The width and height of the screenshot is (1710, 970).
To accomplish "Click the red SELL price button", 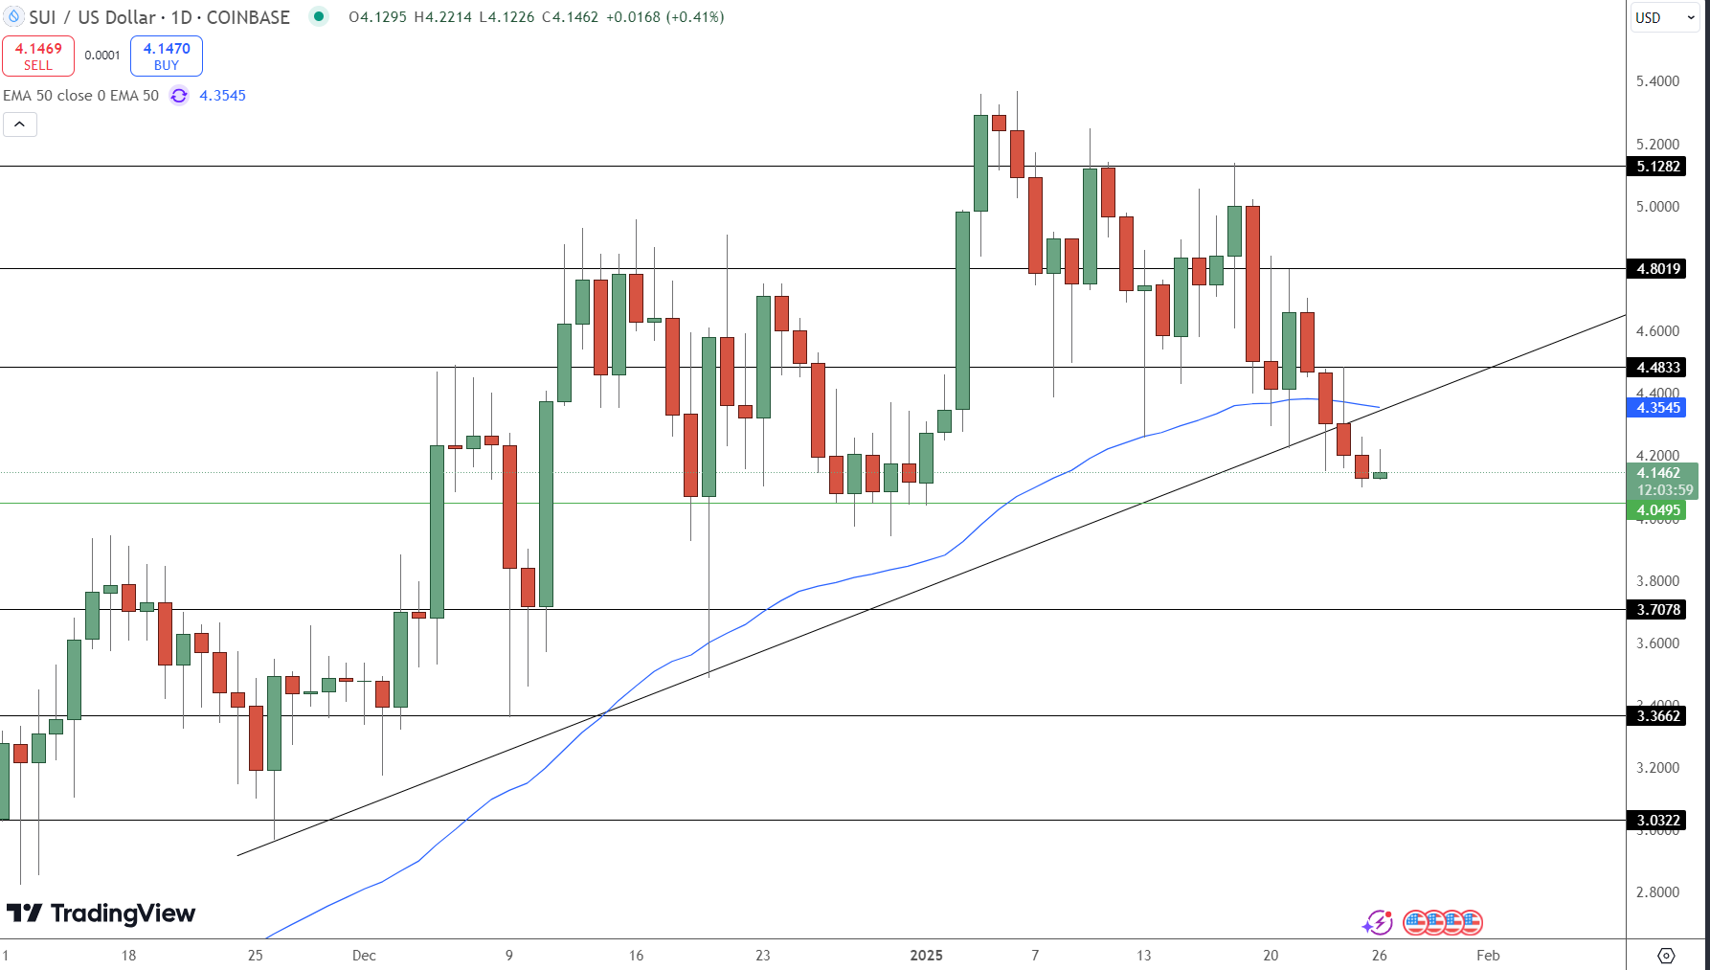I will point(38,56).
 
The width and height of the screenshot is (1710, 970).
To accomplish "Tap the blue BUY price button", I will point(167,56).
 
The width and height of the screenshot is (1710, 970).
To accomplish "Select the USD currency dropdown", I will point(1663,17).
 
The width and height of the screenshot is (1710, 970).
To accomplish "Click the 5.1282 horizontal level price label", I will point(1658,167).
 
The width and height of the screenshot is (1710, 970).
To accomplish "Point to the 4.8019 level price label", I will point(1658,269).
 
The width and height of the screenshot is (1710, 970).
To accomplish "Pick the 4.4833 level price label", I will point(1658,368).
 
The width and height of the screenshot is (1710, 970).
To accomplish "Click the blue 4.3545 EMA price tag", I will point(1658,408).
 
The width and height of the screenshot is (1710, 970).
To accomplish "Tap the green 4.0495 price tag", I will point(1658,510).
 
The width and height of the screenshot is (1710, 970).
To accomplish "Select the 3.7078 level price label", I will point(1658,610).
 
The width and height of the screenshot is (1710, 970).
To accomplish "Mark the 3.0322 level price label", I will point(1658,821).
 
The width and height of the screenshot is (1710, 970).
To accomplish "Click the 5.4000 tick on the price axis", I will point(1657,81).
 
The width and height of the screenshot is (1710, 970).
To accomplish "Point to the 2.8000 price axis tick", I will point(1657,892).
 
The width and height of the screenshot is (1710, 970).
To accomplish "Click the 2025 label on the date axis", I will point(926,956).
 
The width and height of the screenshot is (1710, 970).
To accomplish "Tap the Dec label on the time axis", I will point(364,956).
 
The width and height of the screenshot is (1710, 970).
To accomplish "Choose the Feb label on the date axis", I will point(1488,956).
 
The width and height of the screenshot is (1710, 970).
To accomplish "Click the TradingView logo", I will point(101,914).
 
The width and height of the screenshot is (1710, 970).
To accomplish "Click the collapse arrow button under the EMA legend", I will point(20,124).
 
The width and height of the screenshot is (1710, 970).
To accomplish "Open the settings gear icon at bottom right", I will point(1666,956).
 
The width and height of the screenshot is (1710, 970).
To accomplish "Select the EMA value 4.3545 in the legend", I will point(222,96).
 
